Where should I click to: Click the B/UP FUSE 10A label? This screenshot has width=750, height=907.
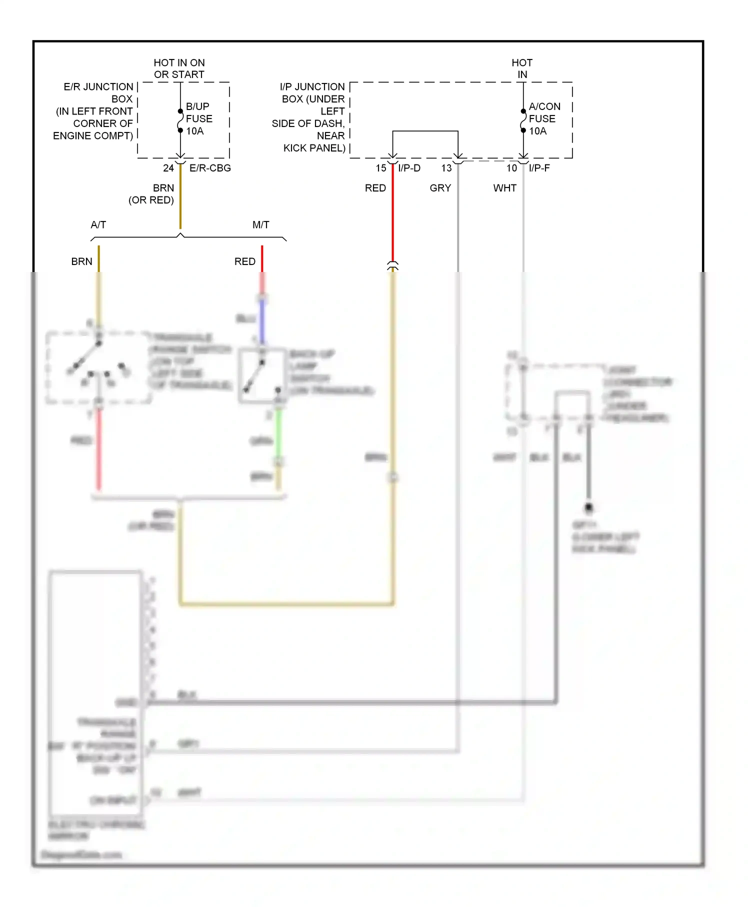[199, 118]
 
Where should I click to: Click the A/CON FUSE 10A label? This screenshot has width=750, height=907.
[544, 118]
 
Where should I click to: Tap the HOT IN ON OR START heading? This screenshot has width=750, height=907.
[179, 68]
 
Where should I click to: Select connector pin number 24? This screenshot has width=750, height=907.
[168, 168]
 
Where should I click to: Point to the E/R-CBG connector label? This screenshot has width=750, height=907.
[210, 168]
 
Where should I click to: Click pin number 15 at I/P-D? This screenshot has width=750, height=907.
[381, 168]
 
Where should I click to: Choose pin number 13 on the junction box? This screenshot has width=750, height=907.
[446, 168]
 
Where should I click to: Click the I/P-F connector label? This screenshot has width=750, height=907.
[539, 168]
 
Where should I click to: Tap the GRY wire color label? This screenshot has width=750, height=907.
[440, 188]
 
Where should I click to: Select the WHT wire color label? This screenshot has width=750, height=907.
[504, 188]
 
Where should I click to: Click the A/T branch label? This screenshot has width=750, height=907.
[98, 224]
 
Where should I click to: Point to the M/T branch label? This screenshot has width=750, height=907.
[260, 224]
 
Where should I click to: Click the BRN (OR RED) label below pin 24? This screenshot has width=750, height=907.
[152, 194]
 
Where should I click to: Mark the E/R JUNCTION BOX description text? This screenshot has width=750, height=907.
[94, 111]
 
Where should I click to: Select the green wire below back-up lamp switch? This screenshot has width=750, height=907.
[279, 432]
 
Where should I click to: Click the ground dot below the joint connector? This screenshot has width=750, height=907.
[588, 507]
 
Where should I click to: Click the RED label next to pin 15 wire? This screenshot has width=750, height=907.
[375, 188]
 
